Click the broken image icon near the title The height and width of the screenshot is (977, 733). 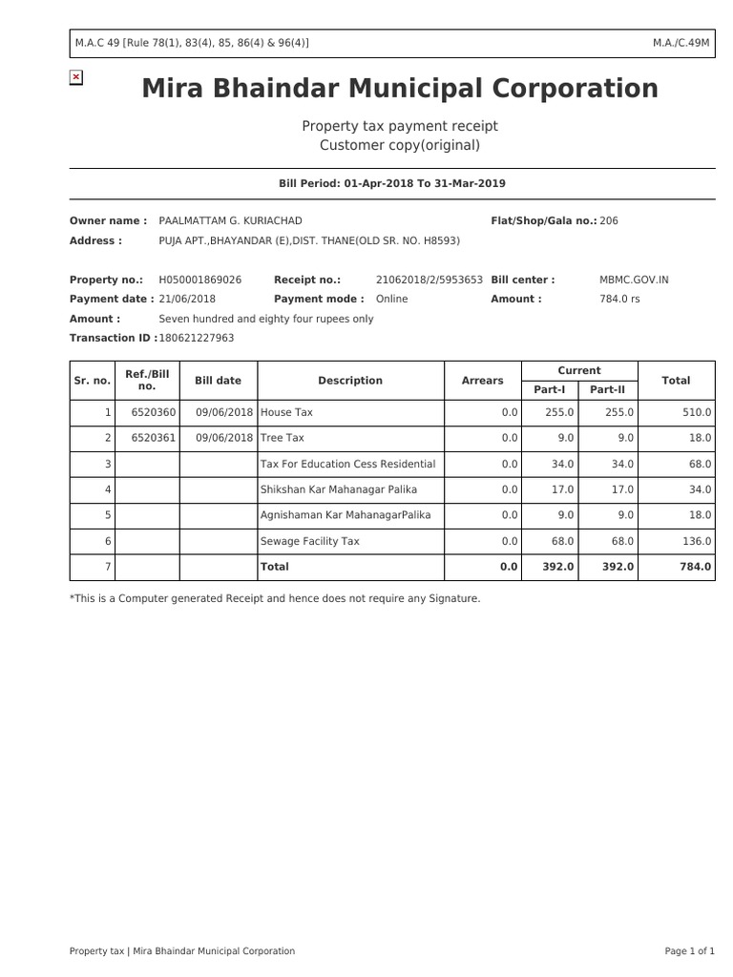[76, 77]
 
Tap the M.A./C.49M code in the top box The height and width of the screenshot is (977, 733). [681, 43]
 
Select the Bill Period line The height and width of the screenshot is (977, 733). [391, 183]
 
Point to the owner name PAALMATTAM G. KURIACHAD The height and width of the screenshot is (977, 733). [230, 220]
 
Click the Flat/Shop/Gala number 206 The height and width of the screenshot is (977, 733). [609, 220]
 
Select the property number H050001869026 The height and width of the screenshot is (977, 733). [199, 280]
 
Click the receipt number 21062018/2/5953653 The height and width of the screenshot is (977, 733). [429, 280]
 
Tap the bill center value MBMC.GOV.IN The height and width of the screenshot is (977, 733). [634, 280]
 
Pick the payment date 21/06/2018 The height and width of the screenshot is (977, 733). [187, 299]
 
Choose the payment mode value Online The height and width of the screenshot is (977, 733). [391, 299]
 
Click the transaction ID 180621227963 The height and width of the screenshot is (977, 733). [196, 338]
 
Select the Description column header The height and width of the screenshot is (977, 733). [350, 381]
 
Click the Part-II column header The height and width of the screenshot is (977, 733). [607, 389]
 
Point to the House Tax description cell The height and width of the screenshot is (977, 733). [287, 412]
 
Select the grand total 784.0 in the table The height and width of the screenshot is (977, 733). [695, 567]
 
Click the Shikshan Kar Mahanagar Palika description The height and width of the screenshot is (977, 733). [339, 489]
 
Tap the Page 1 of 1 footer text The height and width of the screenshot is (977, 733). [689, 950]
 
